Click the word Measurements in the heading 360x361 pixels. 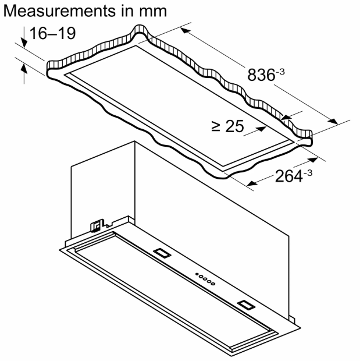pyautogui.click(x=59, y=11)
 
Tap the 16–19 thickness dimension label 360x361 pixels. pyautogui.click(x=52, y=33)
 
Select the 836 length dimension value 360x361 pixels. pyautogui.click(x=261, y=75)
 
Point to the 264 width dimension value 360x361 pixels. pyautogui.click(x=288, y=176)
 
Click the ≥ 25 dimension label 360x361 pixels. pyautogui.click(x=227, y=126)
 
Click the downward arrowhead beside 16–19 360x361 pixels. pyautogui.click(x=24, y=43)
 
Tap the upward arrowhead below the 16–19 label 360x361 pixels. pyautogui.click(x=24, y=69)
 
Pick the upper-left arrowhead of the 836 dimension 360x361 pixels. pyautogui.click(x=186, y=31)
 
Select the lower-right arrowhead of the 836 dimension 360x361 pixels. pyautogui.click(x=333, y=121)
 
